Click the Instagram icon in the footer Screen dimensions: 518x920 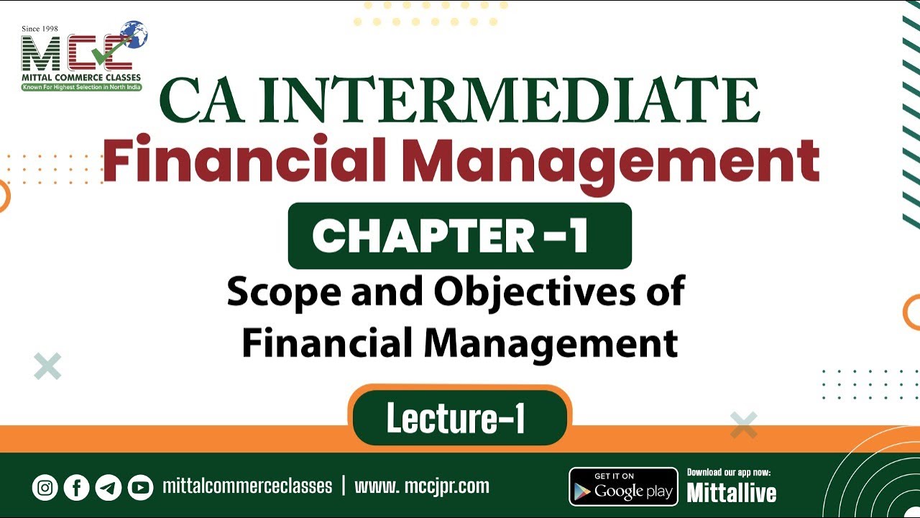[x=45, y=488]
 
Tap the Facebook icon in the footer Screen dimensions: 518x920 [x=76, y=488]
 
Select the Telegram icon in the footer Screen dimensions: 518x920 [x=109, y=488]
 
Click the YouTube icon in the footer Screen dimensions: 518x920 [x=140, y=488]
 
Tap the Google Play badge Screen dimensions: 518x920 [x=623, y=487]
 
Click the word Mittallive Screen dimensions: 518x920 [x=731, y=493]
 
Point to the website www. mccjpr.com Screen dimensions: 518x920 [x=422, y=486]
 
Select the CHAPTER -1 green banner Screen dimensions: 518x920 [x=459, y=236]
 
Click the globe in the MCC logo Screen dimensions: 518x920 [x=134, y=34]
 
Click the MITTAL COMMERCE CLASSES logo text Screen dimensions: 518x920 [x=81, y=77]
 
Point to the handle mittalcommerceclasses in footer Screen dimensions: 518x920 [x=247, y=486]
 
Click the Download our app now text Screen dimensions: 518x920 [x=729, y=473]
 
